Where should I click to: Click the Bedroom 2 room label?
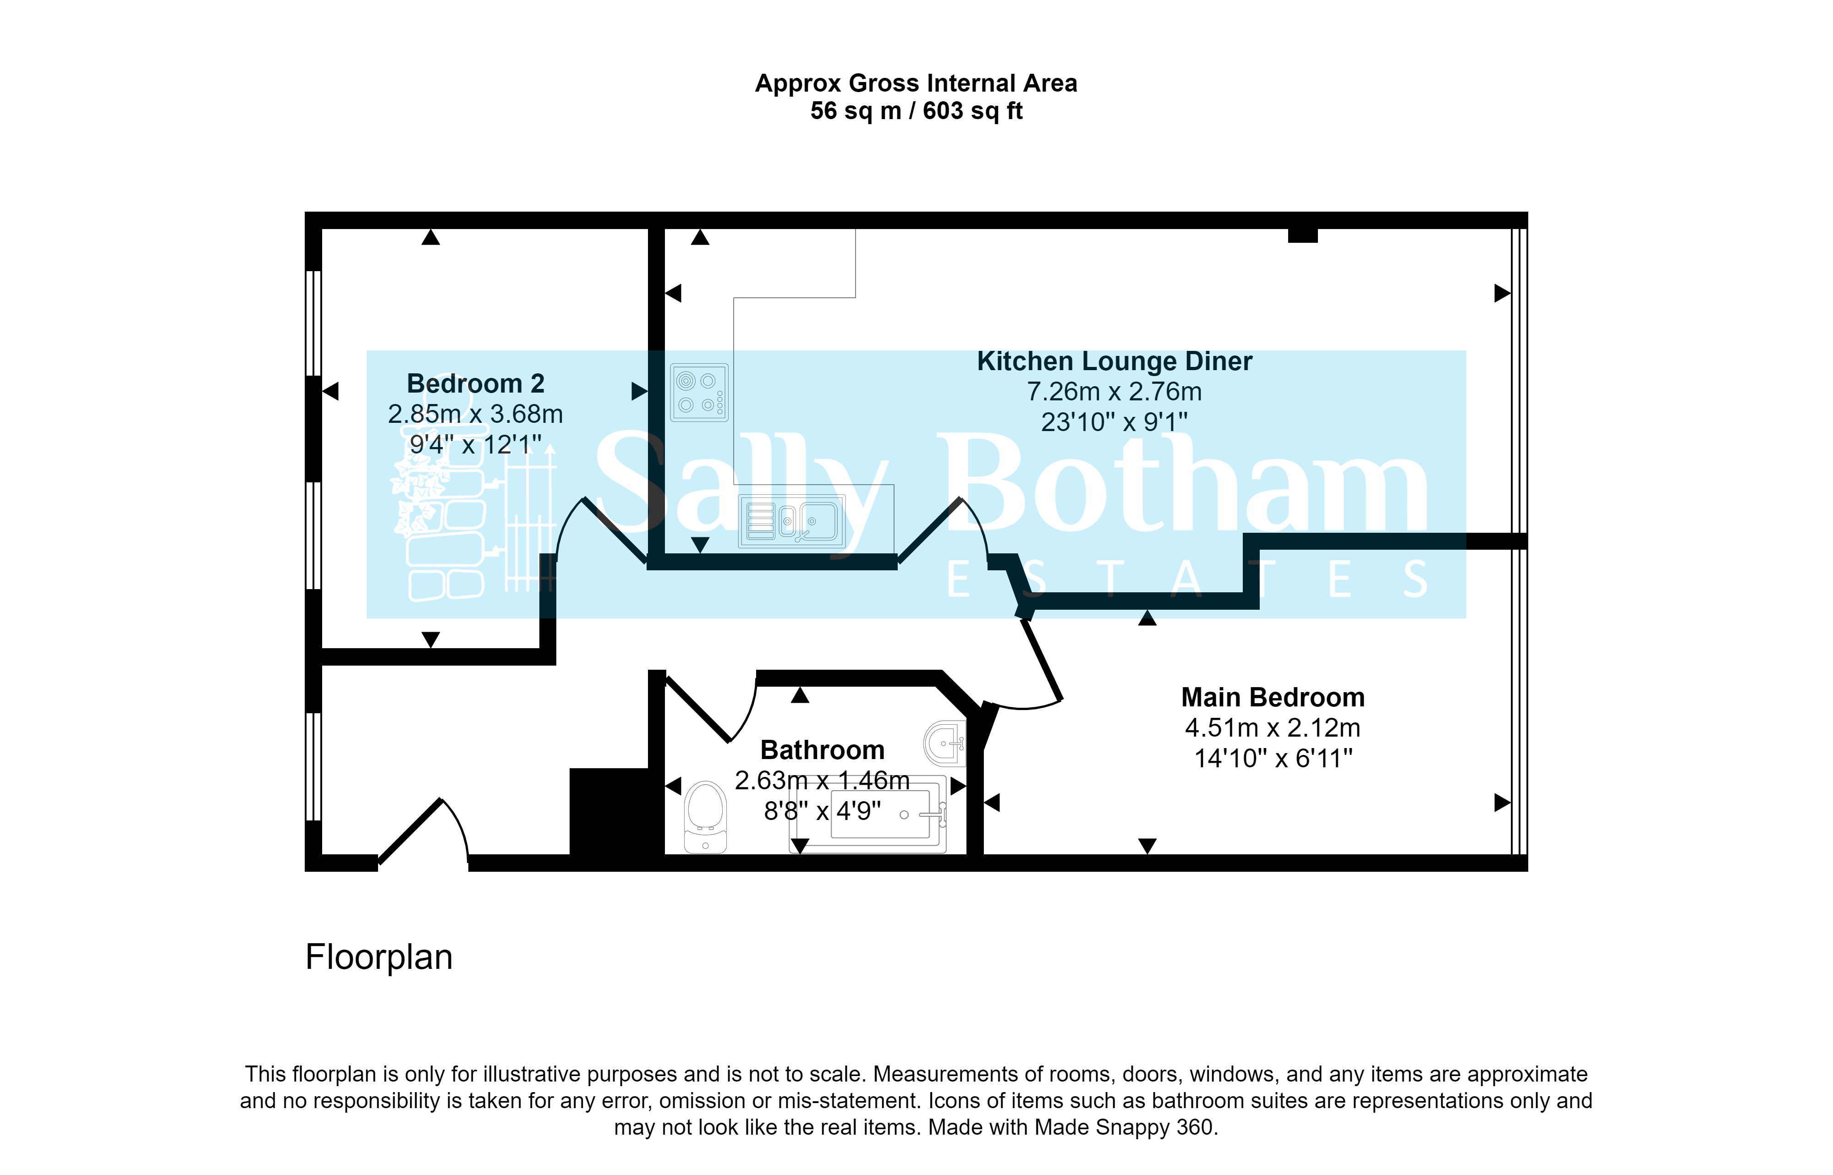[x=475, y=383]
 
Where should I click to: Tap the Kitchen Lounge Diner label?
[x=1114, y=361]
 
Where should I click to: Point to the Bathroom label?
[x=823, y=750]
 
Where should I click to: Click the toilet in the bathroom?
[x=706, y=816]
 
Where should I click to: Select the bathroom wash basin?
[x=945, y=743]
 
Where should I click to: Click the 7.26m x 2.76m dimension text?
[x=1114, y=391]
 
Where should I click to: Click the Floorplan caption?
[x=379, y=957]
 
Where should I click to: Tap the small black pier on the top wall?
[x=1303, y=236]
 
